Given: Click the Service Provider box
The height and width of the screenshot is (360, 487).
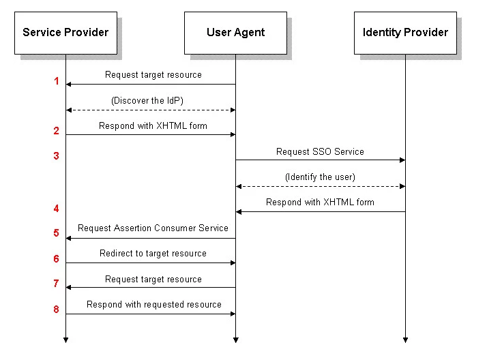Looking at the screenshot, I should (65, 32).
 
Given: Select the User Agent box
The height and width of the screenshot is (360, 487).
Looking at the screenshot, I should (235, 32).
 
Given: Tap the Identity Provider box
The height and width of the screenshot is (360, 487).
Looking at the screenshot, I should (405, 32).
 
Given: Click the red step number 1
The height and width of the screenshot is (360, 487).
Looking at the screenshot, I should (57, 81).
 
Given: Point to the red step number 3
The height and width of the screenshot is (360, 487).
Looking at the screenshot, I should (57, 156).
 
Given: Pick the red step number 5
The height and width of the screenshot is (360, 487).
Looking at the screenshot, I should (57, 233).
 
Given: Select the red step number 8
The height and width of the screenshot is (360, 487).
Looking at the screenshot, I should (57, 310).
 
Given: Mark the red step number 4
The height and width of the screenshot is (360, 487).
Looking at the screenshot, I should (57, 209).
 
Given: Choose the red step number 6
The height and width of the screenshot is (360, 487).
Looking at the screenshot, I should (57, 259).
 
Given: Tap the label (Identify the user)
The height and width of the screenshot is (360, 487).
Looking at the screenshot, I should (320, 177).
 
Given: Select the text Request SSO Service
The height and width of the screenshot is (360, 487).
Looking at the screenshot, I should (320, 151).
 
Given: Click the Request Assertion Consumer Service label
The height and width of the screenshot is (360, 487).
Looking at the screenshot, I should (153, 228).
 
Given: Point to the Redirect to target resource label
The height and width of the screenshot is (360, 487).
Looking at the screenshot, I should (153, 254).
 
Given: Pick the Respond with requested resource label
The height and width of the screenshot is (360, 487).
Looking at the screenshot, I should (154, 305).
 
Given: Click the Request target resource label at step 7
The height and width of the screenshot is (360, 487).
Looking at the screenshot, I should (153, 279).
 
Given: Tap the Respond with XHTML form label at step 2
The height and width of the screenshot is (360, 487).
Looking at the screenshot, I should (153, 126).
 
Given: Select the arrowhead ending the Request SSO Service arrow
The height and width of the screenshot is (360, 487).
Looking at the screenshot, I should (402, 160).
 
